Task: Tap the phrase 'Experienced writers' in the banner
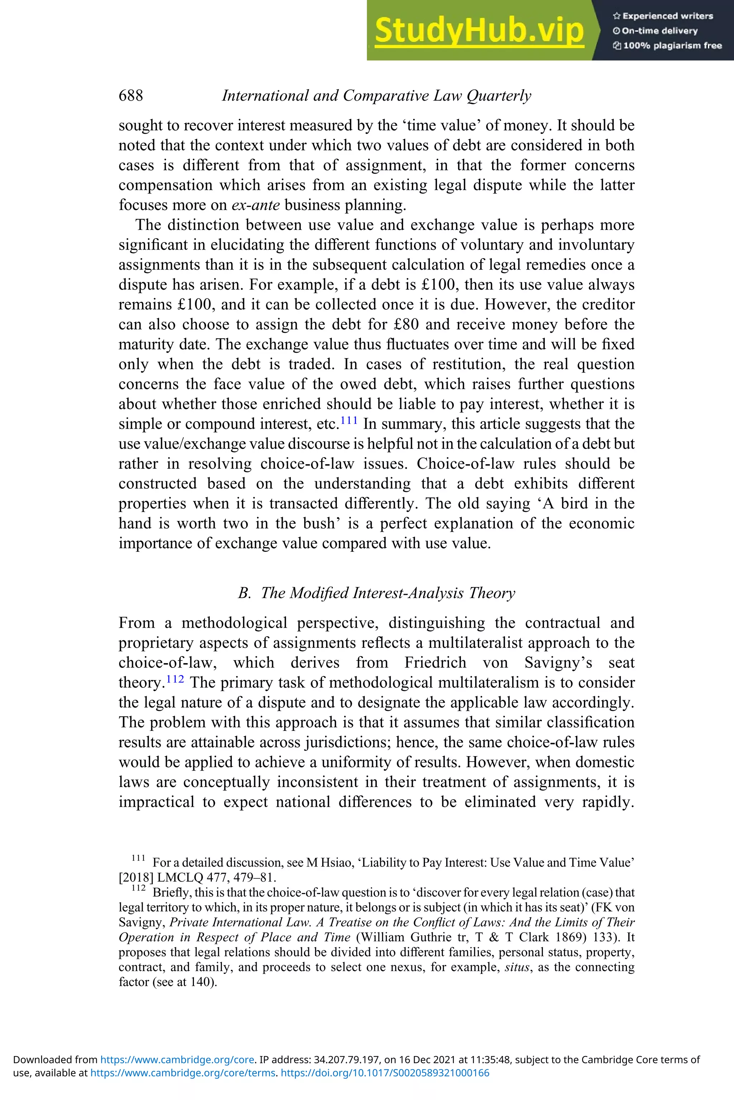click(668, 16)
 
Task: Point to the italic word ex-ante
click(256, 205)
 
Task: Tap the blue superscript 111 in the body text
click(349, 420)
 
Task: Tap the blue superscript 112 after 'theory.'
click(175, 679)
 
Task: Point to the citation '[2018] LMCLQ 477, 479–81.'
click(197, 877)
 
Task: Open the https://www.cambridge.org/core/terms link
click(182, 1073)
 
